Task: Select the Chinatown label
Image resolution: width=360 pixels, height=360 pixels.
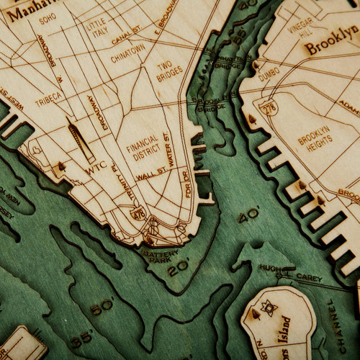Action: (127, 55)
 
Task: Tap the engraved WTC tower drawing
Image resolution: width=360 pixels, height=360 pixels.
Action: (81, 140)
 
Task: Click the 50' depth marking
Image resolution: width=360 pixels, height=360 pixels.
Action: (102, 305)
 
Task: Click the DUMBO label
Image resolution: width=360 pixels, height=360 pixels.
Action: (269, 73)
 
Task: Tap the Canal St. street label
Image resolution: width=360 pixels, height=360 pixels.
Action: (127, 34)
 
